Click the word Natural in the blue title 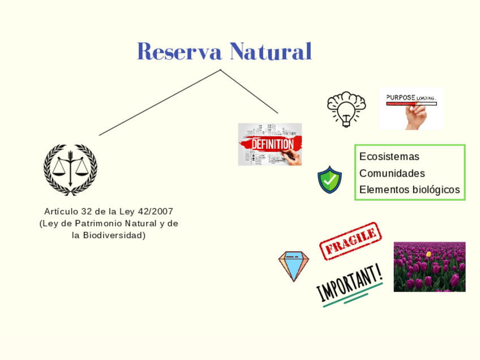pyautogui.click(x=270, y=52)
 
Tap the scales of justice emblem pyautogui.click(x=71, y=168)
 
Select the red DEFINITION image pyautogui.click(x=269, y=144)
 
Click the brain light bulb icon pyautogui.click(x=346, y=108)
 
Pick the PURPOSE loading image pyautogui.click(x=412, y=108)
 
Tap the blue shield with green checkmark pyautogui.click(x=329, y=180)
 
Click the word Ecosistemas pyautogui.click(x=389, y=157)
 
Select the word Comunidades pyautogui.click(x=392, y=173)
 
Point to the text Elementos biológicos pyautogui.click(x=410, y=190)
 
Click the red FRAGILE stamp pyautogui.click(x=350, y=241)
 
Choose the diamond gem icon pyautogui.click(x=293, y=265)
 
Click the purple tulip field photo pyautogui.click(x=429, y=267)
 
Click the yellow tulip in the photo pyautogui.click(x=428, y=254)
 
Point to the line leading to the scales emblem pyautogui.click(x=158, y=103)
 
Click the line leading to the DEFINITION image pyautogui.click(x=249, y=91)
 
